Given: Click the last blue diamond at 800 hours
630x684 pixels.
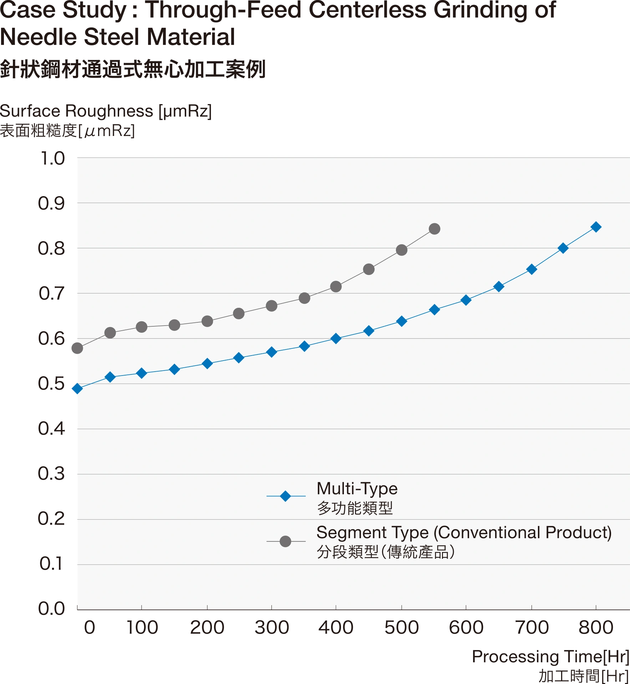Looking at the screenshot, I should click(x=596, y=227).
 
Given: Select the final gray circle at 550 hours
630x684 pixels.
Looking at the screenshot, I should click(x=434, y=229).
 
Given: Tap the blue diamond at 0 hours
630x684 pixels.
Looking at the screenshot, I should click(x=77, y=388).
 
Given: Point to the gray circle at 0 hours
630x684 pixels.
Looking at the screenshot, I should click(x=77, y=348).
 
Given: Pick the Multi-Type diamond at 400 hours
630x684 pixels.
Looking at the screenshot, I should click(x=336, y=338).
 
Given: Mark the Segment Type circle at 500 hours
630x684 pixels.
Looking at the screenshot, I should click(x=402, y=250).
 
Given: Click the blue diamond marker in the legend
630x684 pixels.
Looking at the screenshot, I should click(x=285, y=496).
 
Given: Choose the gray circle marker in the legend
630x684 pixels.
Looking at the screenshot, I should click(x=285, y=541).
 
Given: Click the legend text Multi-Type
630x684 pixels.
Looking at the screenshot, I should click(x=357, y=489).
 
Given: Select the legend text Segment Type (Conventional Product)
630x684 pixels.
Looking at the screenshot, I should click(x=464, y=533).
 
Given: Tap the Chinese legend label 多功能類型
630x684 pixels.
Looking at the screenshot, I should click(x=355, y=508).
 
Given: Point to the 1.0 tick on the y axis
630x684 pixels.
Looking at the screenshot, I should click(x=52, y=158).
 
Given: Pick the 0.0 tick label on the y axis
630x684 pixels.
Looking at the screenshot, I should click(x=51, y=607).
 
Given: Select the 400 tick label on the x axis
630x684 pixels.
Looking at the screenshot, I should click(x=335, y=628).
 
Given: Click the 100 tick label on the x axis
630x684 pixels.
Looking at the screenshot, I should click(x=143, y=628).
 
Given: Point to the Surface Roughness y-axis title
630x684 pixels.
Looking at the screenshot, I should click(x=105, y=111).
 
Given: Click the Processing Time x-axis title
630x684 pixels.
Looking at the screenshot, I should click(x=549, y=657).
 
